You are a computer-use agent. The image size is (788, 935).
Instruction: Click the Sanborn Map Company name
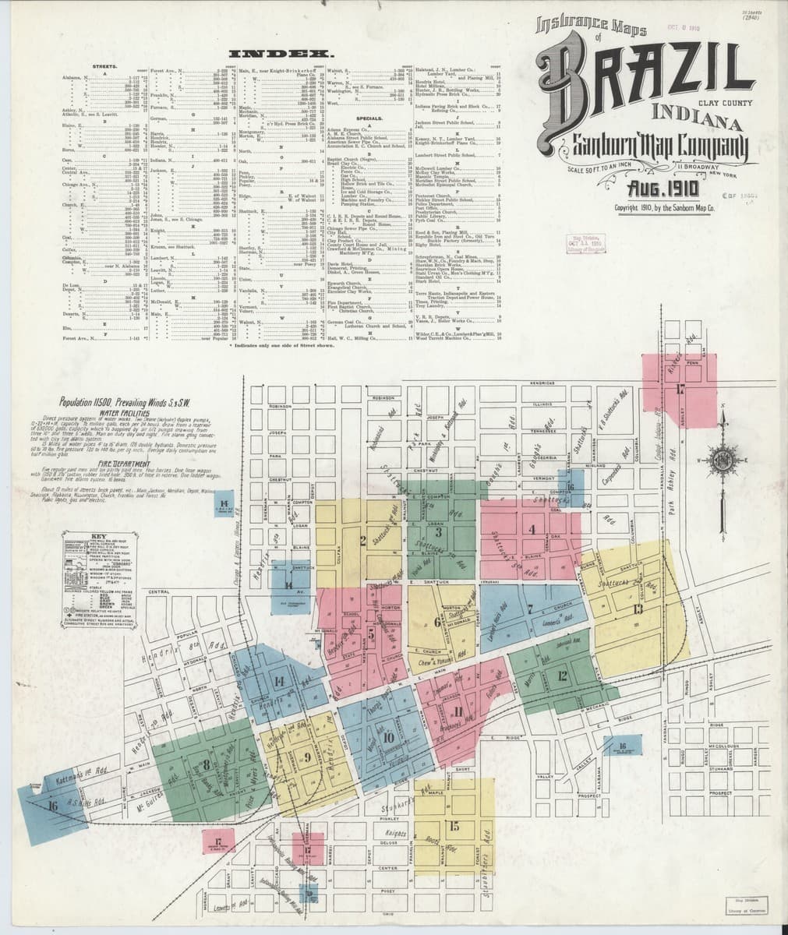[650, 144]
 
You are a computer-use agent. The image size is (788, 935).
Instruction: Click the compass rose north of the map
[724, 456]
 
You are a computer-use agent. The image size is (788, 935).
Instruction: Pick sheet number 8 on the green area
[206, 764]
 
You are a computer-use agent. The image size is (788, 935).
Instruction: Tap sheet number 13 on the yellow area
[638, 609]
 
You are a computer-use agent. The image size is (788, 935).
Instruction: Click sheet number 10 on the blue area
[387, 737]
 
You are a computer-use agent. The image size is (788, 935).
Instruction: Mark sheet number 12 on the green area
[562, 676]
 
